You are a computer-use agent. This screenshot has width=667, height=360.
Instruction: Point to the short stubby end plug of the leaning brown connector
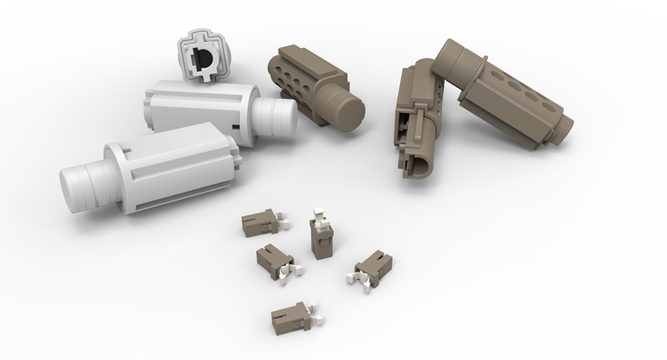[566, 128]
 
